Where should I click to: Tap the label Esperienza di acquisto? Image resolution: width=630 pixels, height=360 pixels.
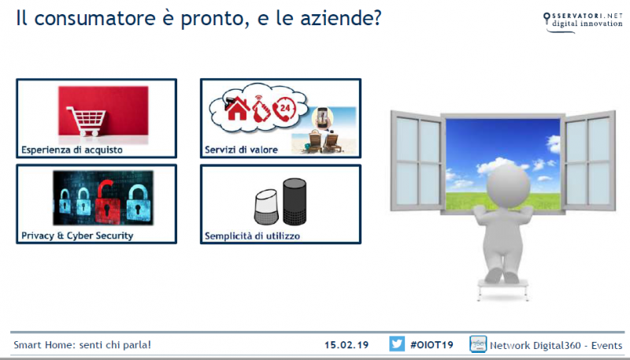72,149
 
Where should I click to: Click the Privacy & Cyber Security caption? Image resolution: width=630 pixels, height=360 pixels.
77,236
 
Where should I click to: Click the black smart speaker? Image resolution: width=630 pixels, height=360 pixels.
295,202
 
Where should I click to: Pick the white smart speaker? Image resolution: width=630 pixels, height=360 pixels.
266,207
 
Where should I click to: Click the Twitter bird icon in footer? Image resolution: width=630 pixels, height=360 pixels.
397,344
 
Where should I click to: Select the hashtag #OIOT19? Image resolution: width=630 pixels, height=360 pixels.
432,345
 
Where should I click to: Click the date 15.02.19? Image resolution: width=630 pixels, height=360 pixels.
347,345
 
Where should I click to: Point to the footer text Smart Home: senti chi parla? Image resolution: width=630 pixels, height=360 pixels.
82,345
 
